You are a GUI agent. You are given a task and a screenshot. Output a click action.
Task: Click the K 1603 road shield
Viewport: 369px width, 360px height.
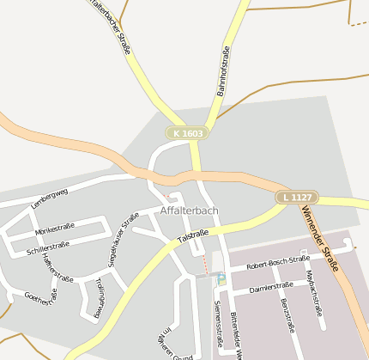click(x=187, y=133)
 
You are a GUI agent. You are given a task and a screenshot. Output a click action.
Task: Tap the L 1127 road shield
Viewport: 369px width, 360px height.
click(x=297, y=198)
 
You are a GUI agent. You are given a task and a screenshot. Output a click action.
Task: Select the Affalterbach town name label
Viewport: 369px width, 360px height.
click(x=189, y=211)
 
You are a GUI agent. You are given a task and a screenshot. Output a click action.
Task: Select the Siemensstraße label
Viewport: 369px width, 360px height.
click(x=218, y=319)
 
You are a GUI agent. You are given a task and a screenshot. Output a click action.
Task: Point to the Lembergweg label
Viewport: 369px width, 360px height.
click(x=49, y=199)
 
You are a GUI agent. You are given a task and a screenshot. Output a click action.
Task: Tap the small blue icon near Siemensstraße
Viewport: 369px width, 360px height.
click(x=222, y=278)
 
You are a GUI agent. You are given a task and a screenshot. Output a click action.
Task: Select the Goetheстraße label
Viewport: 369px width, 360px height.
click(x=40, y=297)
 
